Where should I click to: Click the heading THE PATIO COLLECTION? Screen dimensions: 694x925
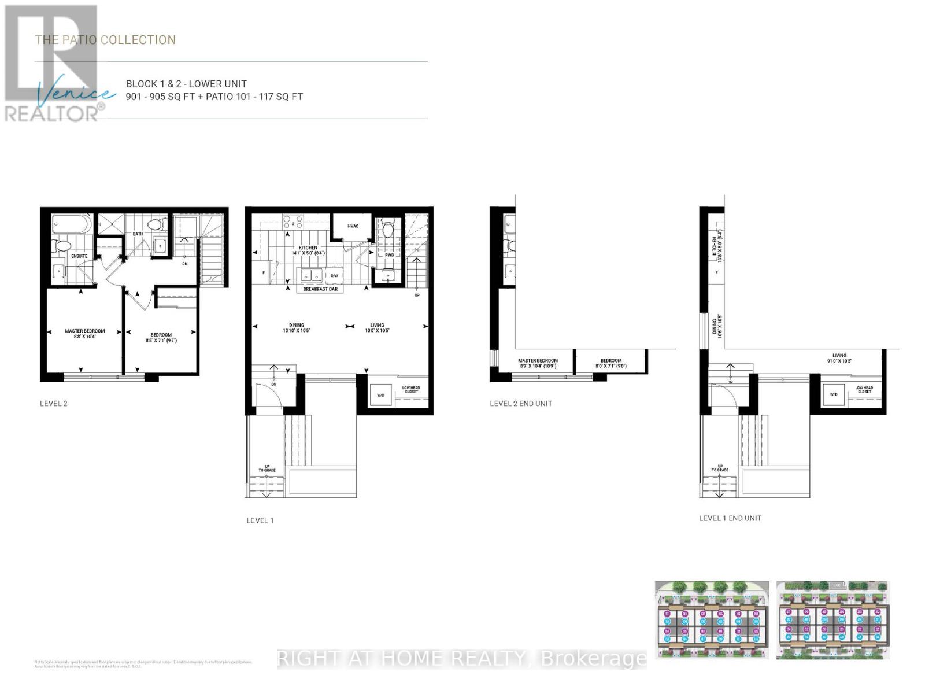105,40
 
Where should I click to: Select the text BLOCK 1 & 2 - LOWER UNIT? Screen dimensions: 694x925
186,84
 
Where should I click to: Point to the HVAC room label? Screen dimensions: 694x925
353,226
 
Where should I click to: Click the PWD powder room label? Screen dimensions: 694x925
389,254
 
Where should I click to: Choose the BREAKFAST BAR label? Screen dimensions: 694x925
320,289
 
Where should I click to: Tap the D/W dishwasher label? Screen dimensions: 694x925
334,276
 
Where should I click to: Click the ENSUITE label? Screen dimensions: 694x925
79,256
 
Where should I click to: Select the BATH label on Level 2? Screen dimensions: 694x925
138,234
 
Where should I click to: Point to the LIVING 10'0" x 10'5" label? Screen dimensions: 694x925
377,328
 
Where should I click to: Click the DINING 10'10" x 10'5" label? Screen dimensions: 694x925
297,328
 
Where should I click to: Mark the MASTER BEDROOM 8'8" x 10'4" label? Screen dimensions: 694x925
84,334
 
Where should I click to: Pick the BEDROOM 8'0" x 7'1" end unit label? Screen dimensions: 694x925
610,363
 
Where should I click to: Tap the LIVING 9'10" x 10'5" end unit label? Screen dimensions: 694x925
839,359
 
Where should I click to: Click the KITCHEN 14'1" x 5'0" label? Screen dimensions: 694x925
308,250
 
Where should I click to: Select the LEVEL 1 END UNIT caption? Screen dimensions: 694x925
730,518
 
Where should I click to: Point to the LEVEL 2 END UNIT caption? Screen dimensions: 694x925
520,404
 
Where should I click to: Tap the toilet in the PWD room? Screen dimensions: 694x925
388,230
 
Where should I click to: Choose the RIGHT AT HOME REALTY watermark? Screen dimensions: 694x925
462,658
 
